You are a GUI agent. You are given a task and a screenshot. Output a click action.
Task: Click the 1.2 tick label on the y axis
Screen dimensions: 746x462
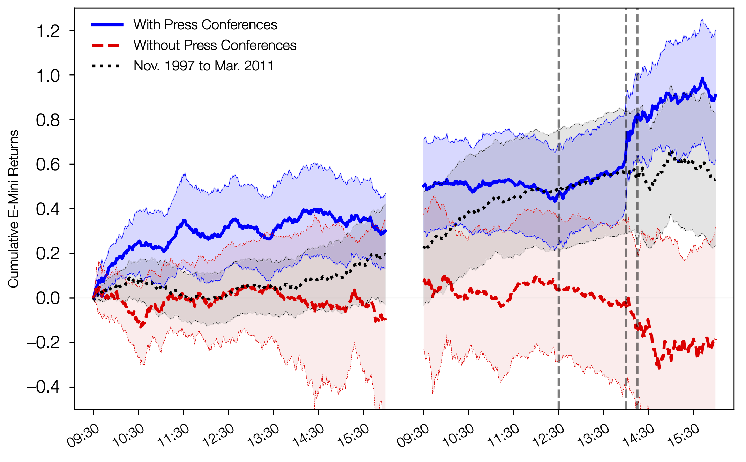coord(48,31)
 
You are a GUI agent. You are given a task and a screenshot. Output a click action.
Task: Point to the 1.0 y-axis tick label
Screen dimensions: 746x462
coord(48,76)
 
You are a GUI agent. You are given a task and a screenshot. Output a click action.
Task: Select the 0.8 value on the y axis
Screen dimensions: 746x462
coord(48,120)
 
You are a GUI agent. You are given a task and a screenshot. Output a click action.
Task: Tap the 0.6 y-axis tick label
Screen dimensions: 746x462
coord(48,165)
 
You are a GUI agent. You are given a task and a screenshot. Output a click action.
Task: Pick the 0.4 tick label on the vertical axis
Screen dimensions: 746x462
coord(48,209)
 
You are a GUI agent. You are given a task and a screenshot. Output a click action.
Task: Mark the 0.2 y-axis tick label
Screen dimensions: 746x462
coord(48,254)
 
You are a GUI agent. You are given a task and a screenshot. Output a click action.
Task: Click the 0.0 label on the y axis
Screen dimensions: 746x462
coord(48,298)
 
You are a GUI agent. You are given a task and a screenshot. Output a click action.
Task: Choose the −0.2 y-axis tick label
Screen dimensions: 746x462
coord(44,343)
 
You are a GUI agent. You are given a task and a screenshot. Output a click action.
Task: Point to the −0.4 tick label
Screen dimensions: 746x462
coord(44,387)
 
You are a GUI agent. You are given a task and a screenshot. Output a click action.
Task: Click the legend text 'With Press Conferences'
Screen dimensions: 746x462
coord(205,25)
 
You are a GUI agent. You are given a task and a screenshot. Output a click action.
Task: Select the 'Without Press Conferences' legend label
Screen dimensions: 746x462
coord(215,45)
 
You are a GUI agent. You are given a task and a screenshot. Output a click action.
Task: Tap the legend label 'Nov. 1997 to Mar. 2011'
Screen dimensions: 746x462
coord(204,66)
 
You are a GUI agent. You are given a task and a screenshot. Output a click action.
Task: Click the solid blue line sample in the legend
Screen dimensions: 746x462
coord(107,25)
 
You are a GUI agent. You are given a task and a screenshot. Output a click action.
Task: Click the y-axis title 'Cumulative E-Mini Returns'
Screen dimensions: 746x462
coord(14,209)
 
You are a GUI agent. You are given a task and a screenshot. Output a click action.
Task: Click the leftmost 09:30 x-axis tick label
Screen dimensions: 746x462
coord(83,435)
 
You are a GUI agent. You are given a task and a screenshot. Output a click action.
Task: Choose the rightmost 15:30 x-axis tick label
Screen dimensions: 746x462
coord(684,435)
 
